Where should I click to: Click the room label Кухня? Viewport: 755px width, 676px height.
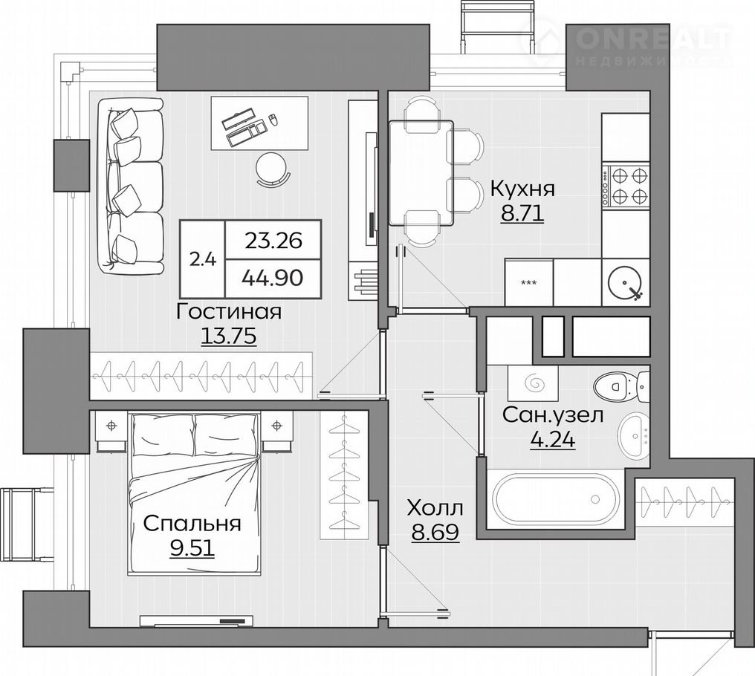522,189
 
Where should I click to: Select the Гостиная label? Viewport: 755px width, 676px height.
229,312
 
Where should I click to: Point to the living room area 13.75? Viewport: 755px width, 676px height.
228,336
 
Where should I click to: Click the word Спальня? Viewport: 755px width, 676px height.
192,524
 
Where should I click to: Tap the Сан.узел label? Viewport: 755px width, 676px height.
552,415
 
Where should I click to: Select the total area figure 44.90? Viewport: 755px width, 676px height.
273,278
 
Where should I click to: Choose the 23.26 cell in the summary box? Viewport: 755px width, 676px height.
273,240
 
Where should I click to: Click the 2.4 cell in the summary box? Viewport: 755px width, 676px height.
203,259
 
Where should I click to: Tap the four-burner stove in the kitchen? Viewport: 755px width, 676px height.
626,186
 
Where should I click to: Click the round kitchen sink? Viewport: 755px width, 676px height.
626,283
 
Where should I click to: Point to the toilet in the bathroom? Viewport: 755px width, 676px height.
621,386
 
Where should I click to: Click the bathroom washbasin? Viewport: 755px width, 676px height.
634,436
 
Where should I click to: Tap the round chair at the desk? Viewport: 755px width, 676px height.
273,169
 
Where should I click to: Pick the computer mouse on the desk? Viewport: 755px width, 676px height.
273,120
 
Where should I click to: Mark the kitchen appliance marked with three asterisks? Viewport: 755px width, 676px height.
529,282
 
